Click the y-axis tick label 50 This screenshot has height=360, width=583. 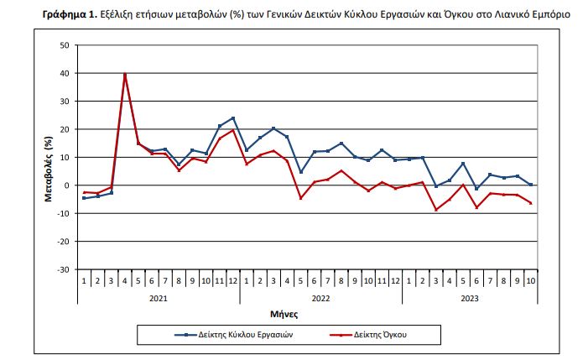65,44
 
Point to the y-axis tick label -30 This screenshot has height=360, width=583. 63,269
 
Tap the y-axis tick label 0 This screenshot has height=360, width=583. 67,185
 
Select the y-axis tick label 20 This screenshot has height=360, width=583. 65,129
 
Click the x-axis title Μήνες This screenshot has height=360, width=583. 305,314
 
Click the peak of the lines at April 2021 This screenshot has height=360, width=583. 125,75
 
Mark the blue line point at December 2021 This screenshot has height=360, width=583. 233,118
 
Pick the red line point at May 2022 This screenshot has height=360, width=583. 301,198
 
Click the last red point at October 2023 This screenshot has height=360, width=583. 531,203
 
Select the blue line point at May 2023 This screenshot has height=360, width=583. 463,164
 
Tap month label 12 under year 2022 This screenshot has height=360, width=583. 396,279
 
